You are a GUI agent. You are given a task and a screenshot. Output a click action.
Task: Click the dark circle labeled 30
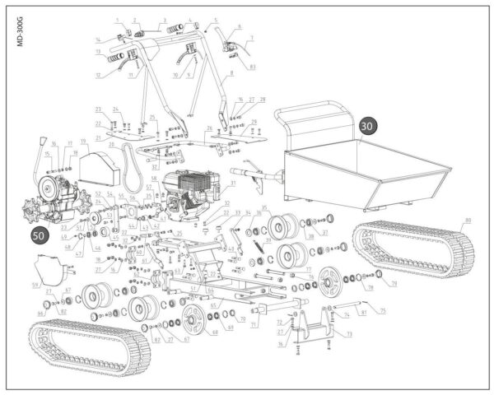[368, 126]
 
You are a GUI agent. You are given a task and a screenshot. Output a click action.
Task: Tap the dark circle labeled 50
[39, 235]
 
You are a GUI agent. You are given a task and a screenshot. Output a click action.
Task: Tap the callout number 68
[215, 333]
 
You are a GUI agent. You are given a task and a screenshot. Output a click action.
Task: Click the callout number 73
[349, 334]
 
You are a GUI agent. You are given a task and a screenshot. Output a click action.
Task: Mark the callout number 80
[468, 220]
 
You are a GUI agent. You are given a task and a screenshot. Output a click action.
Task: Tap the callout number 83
[252, 66]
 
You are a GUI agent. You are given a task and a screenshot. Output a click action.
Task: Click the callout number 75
[382, 311]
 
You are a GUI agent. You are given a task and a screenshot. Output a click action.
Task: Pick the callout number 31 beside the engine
[233, 183]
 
